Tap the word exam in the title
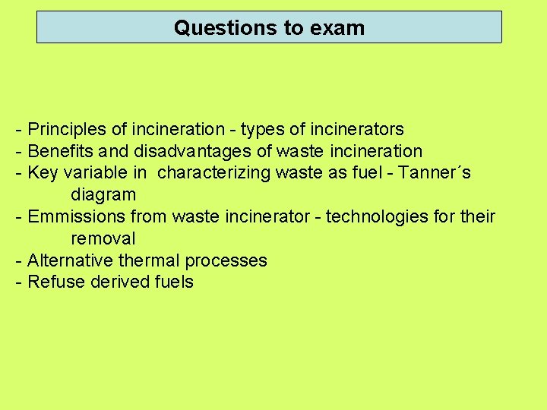click(x=337, y=28)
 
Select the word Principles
click(x=68, y=130)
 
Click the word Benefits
click(x=60, y=152)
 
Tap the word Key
click(x=43, y=173)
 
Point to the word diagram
click(x=103, y=195)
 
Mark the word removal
click(x=103, y=238)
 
